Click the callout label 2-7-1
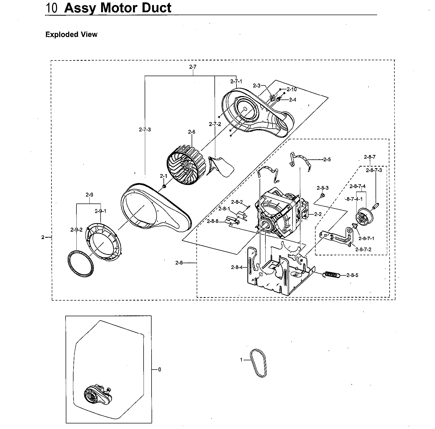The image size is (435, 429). click(236, 81)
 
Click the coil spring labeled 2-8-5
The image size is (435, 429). click(332, 275)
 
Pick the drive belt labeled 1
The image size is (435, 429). click(258, 363)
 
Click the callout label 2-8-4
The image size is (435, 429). click(237, 267)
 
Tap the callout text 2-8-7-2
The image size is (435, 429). click(363, 249)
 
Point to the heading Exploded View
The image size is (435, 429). click(71, 34)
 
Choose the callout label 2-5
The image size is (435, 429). click(327, 159)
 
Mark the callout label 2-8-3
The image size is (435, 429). click(322, 188)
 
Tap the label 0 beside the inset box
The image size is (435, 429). click(160, 369)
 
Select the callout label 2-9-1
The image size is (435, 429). click(100, 211)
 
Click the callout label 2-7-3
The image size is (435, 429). click(145, 129)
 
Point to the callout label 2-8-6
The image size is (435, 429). click(213, 221)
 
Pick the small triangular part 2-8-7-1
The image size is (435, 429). click(354, 226)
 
